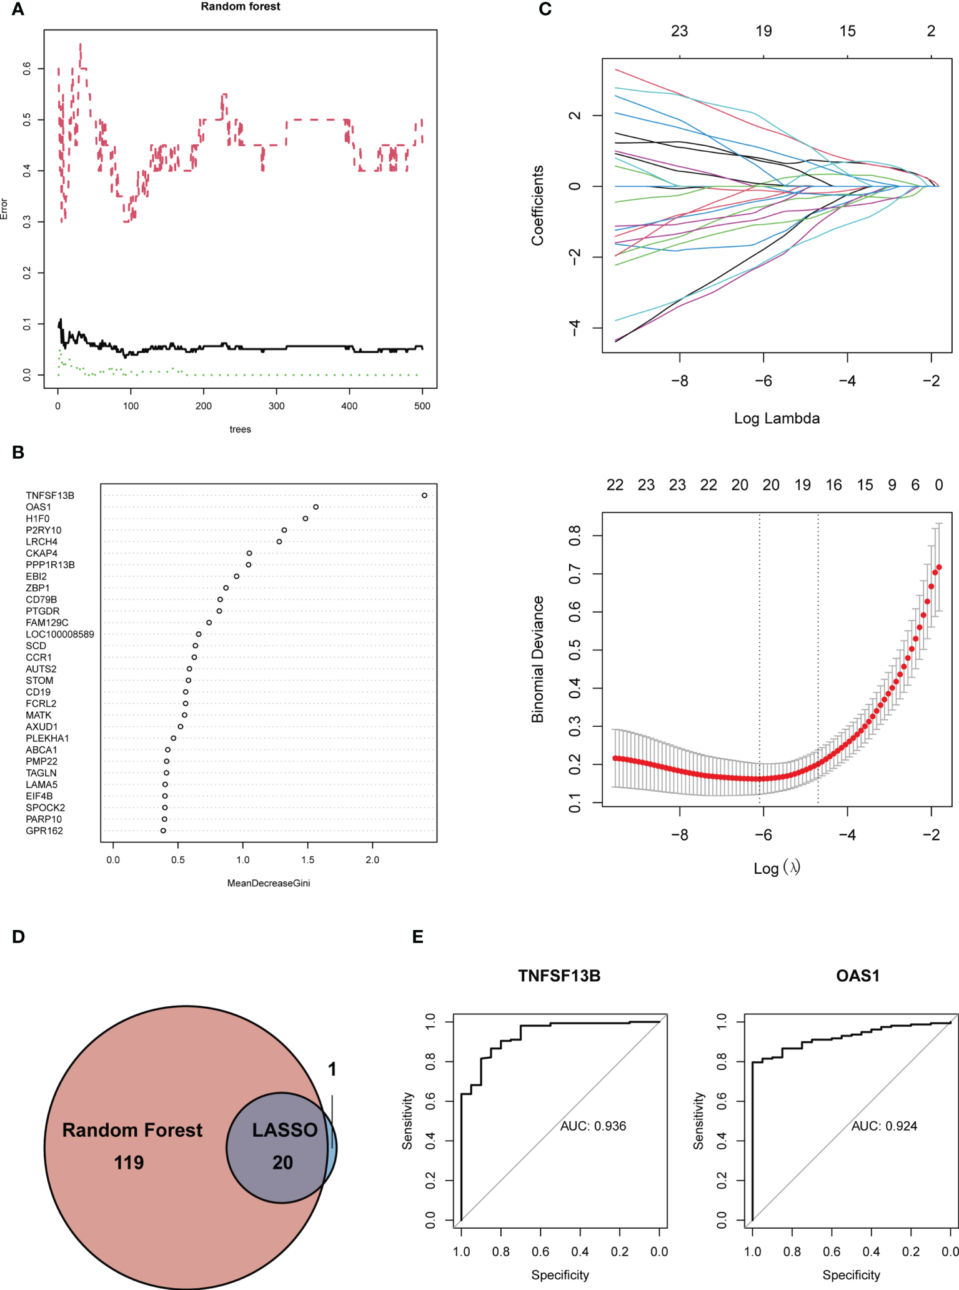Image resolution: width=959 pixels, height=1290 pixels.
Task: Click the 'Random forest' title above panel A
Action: (241, 7)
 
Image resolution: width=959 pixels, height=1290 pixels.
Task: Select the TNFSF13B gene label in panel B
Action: (50, 496)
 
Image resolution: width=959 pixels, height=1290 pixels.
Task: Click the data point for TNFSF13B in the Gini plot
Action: (424, 496)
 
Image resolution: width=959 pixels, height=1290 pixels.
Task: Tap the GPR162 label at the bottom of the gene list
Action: (44, 831)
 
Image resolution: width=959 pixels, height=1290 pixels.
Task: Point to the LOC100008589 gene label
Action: (60, 634)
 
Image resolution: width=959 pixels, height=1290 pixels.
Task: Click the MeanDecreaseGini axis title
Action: (269, 883)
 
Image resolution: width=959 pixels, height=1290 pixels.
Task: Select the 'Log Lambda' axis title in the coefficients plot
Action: (777, 419)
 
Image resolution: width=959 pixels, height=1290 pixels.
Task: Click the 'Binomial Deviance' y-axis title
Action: (538, 659)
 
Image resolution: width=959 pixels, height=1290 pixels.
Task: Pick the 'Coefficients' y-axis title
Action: (538, 206)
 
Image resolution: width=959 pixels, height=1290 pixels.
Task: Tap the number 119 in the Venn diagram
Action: (129, 1162)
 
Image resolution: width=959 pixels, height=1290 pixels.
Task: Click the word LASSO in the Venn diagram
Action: (285, 1130)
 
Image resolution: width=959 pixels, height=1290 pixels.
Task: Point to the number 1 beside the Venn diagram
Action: (332, 1069)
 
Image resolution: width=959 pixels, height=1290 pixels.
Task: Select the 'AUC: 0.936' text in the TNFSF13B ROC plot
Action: (593, 1126)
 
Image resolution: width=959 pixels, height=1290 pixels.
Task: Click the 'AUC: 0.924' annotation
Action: (884, 1126)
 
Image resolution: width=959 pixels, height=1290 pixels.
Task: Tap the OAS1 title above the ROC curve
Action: (858, 976)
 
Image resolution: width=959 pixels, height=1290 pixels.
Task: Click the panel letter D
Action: (18, 937)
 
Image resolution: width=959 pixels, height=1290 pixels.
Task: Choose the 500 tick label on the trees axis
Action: (422, 406)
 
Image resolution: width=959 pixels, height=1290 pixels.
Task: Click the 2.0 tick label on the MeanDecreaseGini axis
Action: (372, 860)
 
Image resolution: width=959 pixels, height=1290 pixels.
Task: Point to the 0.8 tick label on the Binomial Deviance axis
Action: (575, 536)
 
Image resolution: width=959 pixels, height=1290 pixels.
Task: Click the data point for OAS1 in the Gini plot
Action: (316, 507)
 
